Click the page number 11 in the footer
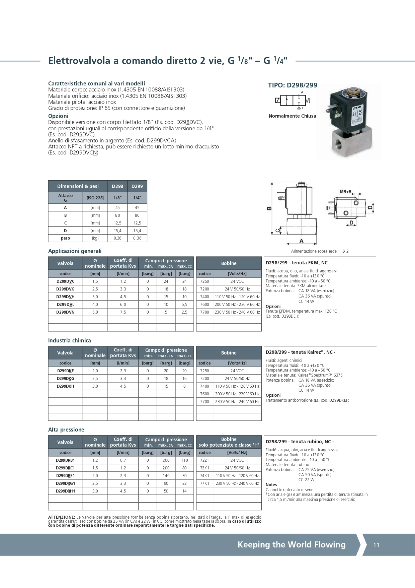377,545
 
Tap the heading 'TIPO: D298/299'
293,85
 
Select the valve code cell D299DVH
65,297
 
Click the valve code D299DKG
65,379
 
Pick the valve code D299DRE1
65,476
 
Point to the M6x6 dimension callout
345,192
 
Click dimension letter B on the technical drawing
269,208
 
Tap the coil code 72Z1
204,460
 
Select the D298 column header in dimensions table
117,186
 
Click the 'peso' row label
65,238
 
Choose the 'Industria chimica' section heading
70,340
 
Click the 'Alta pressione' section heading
66,430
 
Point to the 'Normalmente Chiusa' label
292,116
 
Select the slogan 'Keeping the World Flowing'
292,544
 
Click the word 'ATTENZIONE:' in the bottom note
62,517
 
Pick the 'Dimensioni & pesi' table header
78,186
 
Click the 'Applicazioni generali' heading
75,251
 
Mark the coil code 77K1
204,483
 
